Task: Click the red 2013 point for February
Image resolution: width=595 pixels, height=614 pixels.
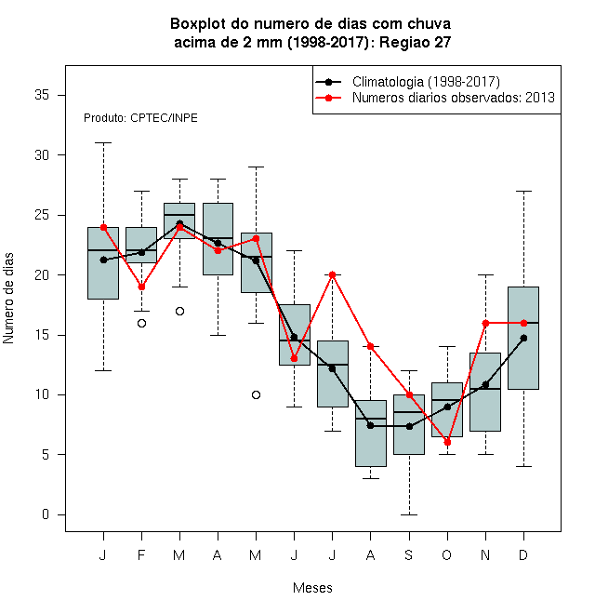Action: [141, 287]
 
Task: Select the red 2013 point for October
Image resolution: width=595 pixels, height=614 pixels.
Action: [447, 443]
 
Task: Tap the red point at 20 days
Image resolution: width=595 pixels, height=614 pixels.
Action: [332, 274]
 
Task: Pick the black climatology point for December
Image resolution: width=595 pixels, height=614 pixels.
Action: [523, 338]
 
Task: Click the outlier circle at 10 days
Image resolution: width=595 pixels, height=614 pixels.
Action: [256, 394]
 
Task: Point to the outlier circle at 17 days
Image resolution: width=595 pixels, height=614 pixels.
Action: [179, 312]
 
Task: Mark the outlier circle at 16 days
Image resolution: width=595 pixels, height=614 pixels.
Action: [141, 323]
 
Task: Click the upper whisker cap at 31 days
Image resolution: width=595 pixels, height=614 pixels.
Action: [104, 143]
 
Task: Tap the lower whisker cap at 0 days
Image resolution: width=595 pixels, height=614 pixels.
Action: [409, 514]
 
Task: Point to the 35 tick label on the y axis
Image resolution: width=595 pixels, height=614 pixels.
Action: [42, 95]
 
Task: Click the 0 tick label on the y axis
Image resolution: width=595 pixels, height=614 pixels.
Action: [46, 514]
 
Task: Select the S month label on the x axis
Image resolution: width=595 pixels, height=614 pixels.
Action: [409, 554]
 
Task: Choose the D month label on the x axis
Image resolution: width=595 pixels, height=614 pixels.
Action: [523, 554]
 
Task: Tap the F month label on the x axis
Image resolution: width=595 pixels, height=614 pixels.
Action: [141, 554]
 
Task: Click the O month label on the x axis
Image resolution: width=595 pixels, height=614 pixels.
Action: [446, 554]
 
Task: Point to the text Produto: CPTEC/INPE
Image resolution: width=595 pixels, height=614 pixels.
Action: [140, 118]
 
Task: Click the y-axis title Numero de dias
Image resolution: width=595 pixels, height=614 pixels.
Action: [8, 299]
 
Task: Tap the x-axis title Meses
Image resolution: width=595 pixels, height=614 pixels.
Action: [312, 588]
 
